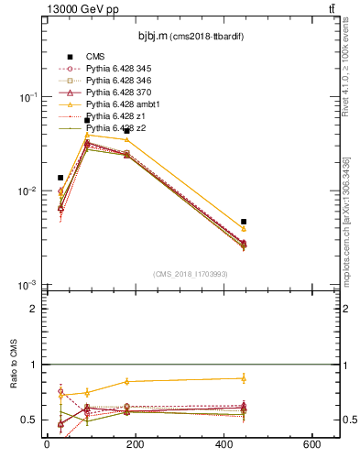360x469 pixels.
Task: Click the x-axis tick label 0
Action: click(47, 445)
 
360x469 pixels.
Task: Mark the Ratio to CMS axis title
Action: click(14, 384)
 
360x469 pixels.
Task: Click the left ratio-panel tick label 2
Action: click(34, 309)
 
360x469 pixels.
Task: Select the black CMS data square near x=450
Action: click(244, 222)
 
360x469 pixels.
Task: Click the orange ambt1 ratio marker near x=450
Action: click(244, 378)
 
